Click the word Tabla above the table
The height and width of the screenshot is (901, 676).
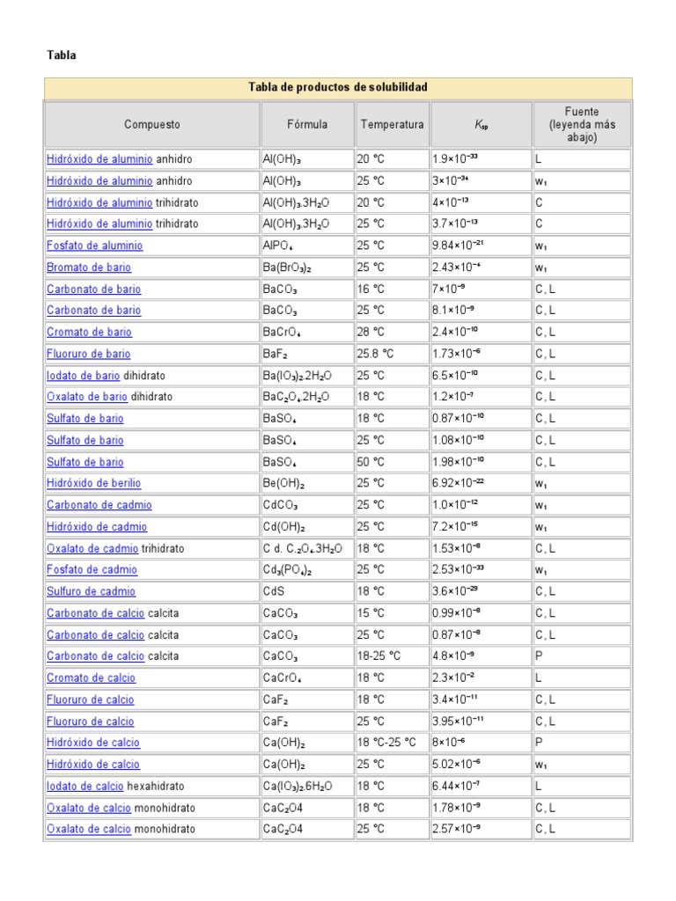(62, 55)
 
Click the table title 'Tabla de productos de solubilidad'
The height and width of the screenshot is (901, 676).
(338, 88)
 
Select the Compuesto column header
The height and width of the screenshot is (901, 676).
(152, 125)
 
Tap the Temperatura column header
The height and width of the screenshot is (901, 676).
(392, 125)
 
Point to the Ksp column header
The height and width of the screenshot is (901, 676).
(481, 125)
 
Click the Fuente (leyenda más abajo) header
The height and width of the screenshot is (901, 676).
(582, 125)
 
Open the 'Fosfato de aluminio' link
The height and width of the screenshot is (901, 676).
(94, 246)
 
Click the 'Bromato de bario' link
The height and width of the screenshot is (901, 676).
(89, 267)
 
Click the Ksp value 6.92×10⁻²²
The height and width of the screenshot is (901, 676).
(461, 483)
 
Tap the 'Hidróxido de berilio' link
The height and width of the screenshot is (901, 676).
(93, 483)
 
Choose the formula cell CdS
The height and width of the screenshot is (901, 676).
(274, 591)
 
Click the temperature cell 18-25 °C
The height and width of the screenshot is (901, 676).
(378, 656)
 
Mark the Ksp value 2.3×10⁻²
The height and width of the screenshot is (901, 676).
(454, 678)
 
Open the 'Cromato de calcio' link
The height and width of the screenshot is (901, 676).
(91, 678)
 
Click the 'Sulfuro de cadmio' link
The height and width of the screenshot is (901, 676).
(91, 591)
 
